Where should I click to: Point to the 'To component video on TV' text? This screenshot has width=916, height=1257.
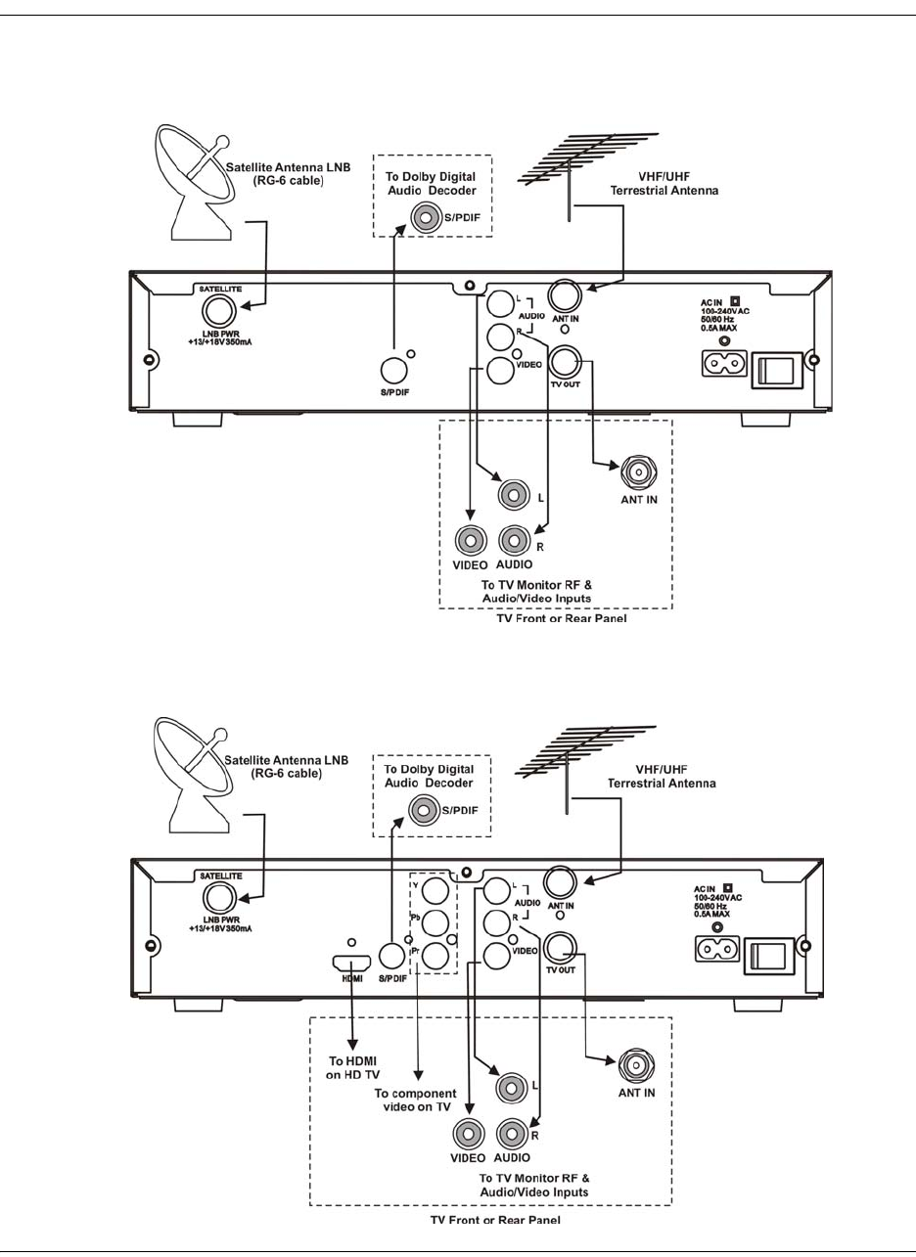coord(417,1102)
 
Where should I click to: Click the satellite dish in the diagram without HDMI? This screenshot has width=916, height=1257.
coord(190,180)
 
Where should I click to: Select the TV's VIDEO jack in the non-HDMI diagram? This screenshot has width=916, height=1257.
coord(471,539)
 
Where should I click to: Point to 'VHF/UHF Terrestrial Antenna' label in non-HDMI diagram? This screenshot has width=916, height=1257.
coord(664,185)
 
